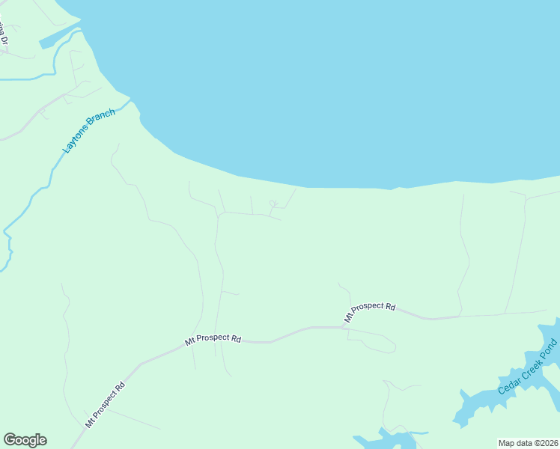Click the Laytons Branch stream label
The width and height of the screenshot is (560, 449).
coord(89,132)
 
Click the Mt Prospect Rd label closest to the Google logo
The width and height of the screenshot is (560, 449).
coord(105,406)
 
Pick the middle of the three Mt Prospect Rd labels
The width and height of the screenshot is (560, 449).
coord(213,339)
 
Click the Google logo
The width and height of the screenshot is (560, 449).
coord(25,440)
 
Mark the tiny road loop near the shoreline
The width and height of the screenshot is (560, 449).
coord(273,203)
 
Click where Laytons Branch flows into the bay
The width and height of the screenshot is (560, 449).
coord(129,100)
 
